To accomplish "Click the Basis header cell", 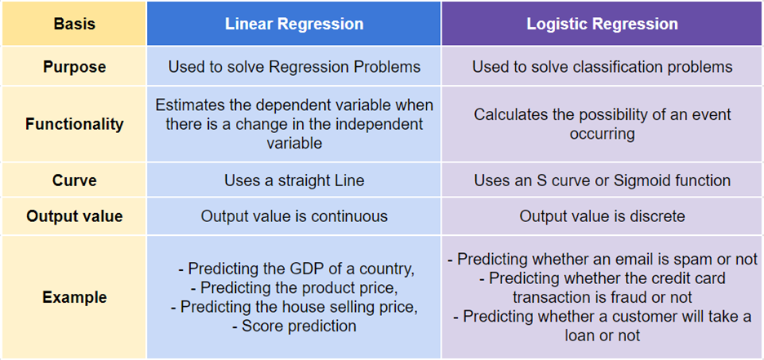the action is tap(74, 24).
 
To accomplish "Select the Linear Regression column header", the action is tap(294, 24).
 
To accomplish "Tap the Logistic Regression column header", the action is tap(602, 24).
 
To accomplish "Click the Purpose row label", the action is tap(74, 66).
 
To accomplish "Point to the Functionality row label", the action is tap(74, 124).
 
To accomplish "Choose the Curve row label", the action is tap(74, 180).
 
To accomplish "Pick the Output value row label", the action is tap(74, 216).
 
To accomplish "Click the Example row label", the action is tap(74, 297).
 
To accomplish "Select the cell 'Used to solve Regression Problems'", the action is tap(294, 66).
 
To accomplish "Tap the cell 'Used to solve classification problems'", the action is tap(602, 66).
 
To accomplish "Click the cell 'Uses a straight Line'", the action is tap(294, 180).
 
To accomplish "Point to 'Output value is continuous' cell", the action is tap(294, 216).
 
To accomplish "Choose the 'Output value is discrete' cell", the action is tap(602, 216).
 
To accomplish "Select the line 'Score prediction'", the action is tap(294, 326).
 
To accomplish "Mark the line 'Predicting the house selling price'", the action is tap(294, 307).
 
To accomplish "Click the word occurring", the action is tap(602, 134).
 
